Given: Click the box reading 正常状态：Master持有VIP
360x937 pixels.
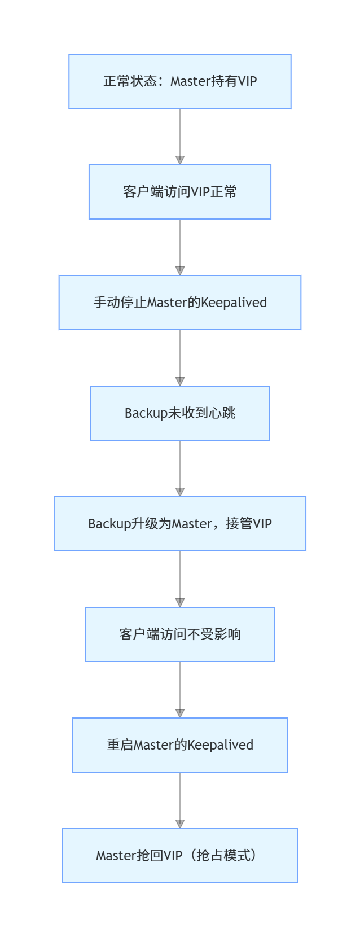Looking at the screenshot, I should pos(180,81).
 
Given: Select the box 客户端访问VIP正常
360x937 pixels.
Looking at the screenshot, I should pos(180,192).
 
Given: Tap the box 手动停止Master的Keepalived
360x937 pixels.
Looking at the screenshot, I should pos(180,303).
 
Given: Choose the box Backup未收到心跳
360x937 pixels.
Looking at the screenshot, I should pos(180,413).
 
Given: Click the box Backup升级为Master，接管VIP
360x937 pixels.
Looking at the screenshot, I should pos(180,524).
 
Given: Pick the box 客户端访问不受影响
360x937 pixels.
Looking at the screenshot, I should pos(180,634).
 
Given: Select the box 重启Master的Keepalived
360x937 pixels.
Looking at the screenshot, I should pos(180,745).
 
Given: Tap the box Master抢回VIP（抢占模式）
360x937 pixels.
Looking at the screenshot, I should pos(180,856).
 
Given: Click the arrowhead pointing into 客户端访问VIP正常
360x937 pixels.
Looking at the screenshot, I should pos(180,160).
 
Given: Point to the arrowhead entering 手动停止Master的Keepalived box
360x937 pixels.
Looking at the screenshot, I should pos(180,271).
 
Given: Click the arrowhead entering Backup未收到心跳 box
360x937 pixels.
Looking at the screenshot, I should pos(180,382).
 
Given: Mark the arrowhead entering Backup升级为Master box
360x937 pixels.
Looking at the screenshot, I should pos(180,492).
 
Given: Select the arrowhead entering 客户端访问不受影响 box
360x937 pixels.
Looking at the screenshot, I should pos(180,603).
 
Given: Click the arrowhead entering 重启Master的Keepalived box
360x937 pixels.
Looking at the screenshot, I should pos(180,713).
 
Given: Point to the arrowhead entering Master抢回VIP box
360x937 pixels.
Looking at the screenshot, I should pos(180,824).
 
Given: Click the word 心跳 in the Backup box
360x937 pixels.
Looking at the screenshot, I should pos(222,413).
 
